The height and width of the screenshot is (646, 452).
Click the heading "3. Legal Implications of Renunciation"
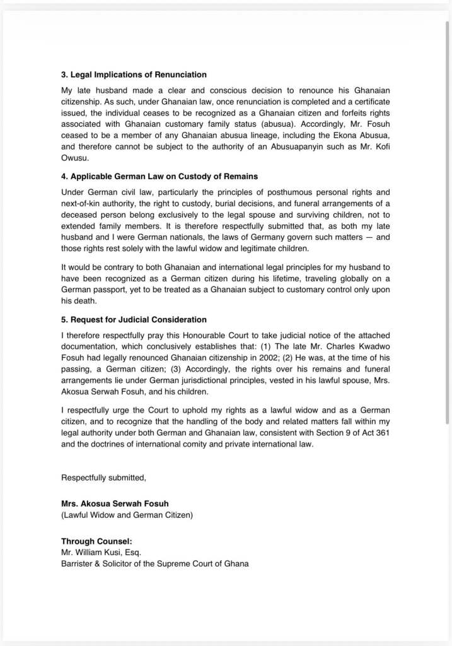[134, 75]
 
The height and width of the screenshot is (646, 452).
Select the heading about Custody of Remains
[159, 177]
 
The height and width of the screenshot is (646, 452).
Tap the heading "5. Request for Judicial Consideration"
[134, 320]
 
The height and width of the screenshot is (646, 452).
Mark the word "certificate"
[368, 102]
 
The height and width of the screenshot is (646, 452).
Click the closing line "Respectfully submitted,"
[103, 478]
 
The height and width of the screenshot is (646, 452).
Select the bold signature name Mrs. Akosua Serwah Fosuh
[115, 503]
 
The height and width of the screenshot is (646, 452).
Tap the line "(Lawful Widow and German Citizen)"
[127, 515]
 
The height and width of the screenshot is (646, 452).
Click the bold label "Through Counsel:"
[96, 541]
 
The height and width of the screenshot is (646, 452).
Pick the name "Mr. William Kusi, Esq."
[96, 552]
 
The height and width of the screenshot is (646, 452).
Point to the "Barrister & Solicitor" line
[154, 563]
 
